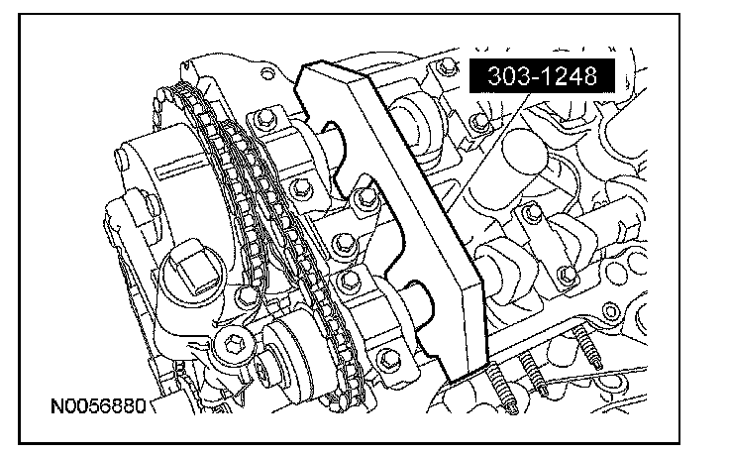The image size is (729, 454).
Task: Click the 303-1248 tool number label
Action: pos(542,75)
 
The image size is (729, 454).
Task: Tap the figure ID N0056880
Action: pos(98,406)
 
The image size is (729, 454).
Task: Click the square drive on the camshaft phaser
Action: pos(195,268)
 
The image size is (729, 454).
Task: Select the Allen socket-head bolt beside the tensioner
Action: pos(233,345)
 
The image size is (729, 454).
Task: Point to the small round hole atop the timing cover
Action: pos(266,73)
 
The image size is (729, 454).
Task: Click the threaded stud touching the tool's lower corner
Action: pos(501,387)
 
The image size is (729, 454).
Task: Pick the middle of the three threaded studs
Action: pos(533,373)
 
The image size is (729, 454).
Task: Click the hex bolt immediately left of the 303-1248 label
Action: pos(448,67)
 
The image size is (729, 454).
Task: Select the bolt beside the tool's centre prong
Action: pos(364,199)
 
